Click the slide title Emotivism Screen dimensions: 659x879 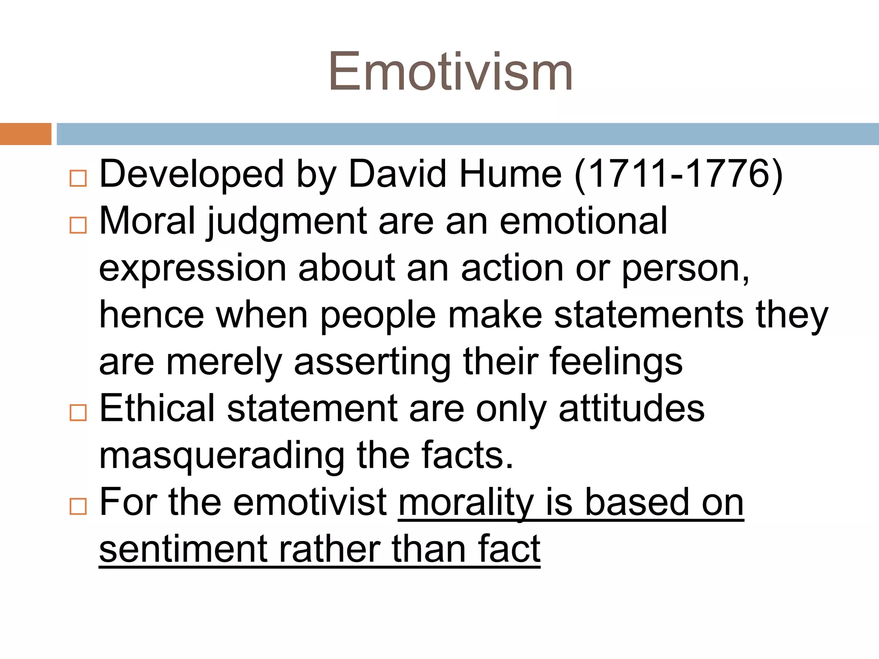click(x=451, y=72)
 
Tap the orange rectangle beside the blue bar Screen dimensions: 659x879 click(x=25, y=134)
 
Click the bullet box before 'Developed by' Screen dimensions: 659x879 click(x=78, y=178)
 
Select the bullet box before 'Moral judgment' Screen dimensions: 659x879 click(x=78, y=224)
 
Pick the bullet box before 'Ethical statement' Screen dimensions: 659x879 click(x=78, y=412)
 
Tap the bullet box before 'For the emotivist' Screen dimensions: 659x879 click(x=78, y=506)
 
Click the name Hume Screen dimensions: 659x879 click(x=510, y=174)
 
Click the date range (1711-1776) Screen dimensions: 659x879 click(x=678, y=174)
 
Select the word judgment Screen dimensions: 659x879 click(x=287, y=222)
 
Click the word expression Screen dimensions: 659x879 click(x=193, y=269)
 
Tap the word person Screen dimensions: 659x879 click(x=685, y=269)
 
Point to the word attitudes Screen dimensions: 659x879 click(x=632, y=409)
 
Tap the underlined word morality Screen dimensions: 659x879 click(x=466, y=503)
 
